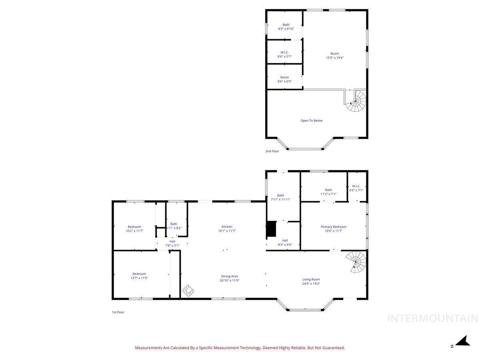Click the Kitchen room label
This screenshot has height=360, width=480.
227,226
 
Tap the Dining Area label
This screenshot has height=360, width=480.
229,276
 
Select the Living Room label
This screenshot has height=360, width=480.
311,279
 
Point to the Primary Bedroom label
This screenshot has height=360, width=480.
333,227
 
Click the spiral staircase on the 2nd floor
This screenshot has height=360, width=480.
357,101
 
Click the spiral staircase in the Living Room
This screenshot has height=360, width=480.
357,262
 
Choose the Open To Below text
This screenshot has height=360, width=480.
311,120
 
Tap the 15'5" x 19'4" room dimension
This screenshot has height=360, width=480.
334,58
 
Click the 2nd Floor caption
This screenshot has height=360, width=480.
272,151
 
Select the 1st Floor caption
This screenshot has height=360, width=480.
118,312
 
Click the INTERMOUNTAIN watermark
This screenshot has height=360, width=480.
433,318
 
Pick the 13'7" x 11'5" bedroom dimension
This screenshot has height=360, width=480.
139,278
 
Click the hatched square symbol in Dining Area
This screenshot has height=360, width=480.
188,290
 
